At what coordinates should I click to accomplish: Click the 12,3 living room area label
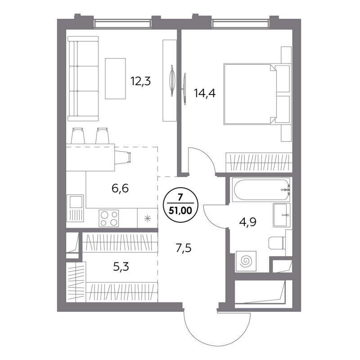pos(140,81)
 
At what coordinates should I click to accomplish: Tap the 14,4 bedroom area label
pos(205,93)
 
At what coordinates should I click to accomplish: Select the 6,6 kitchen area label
pos(120,188)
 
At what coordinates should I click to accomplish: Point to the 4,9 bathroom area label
pos(248,222)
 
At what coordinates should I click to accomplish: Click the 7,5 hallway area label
pos(184,248)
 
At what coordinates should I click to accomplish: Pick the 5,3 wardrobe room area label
pos(121,267)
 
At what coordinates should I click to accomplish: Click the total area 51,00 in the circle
pos(180,210)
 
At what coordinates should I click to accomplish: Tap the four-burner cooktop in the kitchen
pos(109,218)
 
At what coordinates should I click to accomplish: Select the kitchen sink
pos(75,208)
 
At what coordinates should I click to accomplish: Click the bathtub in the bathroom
pos(261,189)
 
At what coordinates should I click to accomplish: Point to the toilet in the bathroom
pos(277,243)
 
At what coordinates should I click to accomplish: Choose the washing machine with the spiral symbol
pos(246,261)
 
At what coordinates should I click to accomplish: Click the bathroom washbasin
pos(282,215)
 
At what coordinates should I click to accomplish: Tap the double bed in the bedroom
pos(251,94)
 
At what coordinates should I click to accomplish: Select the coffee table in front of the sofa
pos(115,78)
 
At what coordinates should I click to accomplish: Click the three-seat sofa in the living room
pos(83,78)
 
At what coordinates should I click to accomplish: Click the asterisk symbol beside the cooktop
pos(148,218)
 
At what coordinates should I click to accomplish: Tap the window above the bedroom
pos(240,24)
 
